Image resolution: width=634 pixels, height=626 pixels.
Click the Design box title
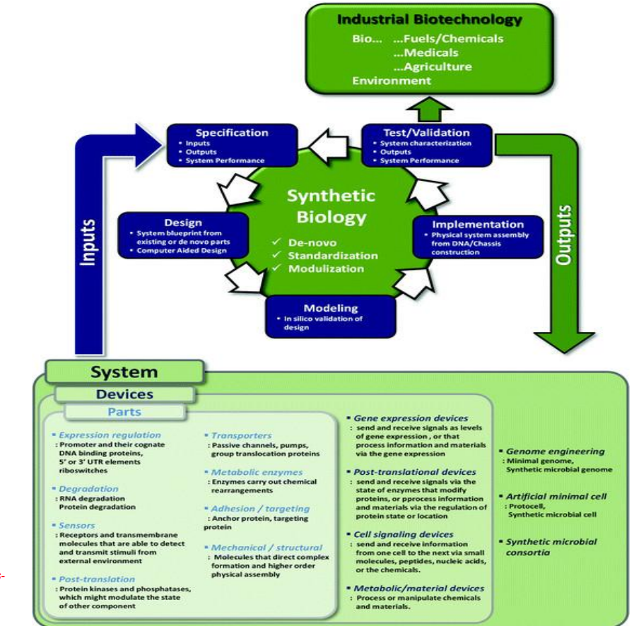(x=183, y=223)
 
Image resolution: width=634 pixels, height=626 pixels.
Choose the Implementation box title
(x=478, y=224)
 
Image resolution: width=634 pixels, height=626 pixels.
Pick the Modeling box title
(x=330, y=308)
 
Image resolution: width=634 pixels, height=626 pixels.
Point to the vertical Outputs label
(x=563, y=236)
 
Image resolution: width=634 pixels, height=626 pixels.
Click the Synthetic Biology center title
(x=331, y=206)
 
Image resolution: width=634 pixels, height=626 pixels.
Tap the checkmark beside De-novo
(x=277, y=242)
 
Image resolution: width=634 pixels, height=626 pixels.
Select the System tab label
(x=124, y=372)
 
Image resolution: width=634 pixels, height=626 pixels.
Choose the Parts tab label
(x=124, y=411)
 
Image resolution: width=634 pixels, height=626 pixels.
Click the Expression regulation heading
(x=110, y=435)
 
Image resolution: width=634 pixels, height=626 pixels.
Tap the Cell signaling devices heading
(x=403, y=534)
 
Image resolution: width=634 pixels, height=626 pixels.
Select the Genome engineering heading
(x=555, y=451)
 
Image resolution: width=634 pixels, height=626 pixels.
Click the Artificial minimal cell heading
(x=556, y=496)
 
